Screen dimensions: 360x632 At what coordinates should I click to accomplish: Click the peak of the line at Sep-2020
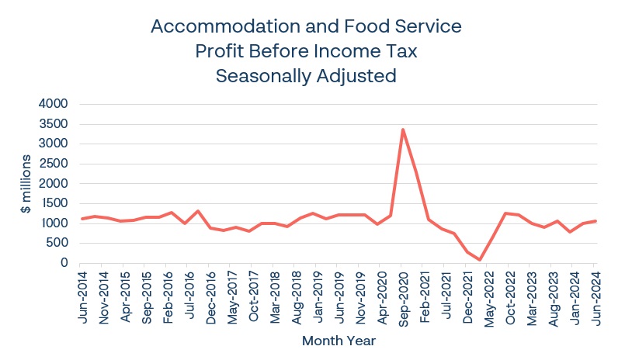[x=402, y=130]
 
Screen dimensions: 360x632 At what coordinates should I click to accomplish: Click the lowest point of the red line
[x=481, y=260]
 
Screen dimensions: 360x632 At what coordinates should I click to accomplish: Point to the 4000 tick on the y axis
[x=52, y=104]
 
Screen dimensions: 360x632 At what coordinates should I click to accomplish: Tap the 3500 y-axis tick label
[x=52, y=124]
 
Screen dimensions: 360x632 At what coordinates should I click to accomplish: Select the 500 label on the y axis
[x=57, y=243]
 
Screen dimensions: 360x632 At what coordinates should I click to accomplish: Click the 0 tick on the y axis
[x=65, y=263]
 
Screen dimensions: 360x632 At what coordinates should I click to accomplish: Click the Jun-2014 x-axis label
[x=82, y=296]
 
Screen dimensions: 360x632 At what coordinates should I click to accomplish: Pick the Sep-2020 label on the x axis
[x=402, y=296]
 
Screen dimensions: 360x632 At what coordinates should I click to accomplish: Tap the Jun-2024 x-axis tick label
[x=594, y=296]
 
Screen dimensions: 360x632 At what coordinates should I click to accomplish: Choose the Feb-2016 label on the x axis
[x=168, y=296]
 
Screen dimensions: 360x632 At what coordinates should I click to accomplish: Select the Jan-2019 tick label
[x=317, y=296]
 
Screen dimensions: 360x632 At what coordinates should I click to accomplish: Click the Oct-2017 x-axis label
[x=253, y=296]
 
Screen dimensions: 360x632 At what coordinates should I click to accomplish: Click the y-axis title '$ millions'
[x=26, y=184]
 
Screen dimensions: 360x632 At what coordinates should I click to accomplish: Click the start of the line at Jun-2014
[x=82, y=219]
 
